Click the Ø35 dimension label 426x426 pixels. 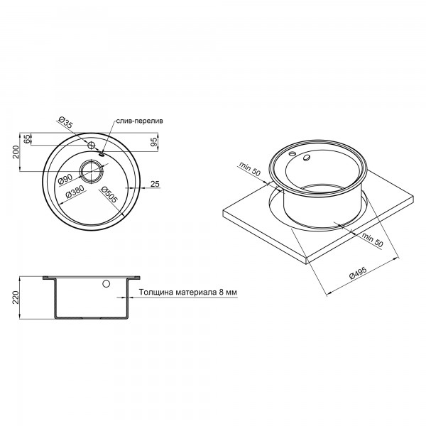pos(65,123)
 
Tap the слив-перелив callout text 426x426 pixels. pos(140,121)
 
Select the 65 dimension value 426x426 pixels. pos(27,139)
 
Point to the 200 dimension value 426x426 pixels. pos(16,152)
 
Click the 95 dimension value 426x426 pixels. pos(154,142)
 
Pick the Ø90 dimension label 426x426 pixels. pos(65,180)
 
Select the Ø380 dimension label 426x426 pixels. pos(75,192)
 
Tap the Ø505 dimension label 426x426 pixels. pos(109,195)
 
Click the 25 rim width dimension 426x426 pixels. pos(155,184)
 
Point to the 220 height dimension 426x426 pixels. pos(16,297)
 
